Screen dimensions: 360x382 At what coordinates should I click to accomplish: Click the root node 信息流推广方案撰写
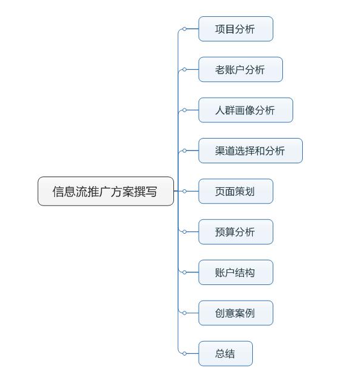(105, 191)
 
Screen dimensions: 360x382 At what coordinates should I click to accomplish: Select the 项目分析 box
(235, 29)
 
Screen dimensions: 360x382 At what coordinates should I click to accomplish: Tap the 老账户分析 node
(240, 69)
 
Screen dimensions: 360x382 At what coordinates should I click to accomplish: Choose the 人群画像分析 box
(246, 110)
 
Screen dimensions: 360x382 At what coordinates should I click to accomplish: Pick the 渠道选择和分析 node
(250, 151)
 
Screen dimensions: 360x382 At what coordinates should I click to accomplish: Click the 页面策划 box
(235, 191)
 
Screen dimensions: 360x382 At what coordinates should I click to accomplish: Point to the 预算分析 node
(235, 232)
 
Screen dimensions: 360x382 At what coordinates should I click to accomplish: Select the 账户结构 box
(235, 272)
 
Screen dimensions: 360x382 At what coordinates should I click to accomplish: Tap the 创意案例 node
(235, 313)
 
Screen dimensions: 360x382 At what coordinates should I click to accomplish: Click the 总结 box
(225, 354)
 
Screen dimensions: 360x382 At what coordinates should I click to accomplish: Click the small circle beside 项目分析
(184, 29)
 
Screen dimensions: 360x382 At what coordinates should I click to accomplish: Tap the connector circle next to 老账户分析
(184, 69)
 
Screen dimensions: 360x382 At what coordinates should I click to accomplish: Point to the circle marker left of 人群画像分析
(184, 110)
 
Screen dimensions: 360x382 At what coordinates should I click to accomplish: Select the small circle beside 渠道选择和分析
(184, 151)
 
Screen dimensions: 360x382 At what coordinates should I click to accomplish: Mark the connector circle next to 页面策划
(184, 191)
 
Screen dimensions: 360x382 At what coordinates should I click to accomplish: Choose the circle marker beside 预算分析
(184, 232)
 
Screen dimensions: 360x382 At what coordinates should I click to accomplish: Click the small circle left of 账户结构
(184, 272)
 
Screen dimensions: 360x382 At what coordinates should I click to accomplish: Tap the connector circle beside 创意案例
(184, 313)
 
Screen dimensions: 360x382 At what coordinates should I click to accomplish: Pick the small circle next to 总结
(184, 354)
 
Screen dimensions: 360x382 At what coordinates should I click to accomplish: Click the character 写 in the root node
(151, 192)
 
